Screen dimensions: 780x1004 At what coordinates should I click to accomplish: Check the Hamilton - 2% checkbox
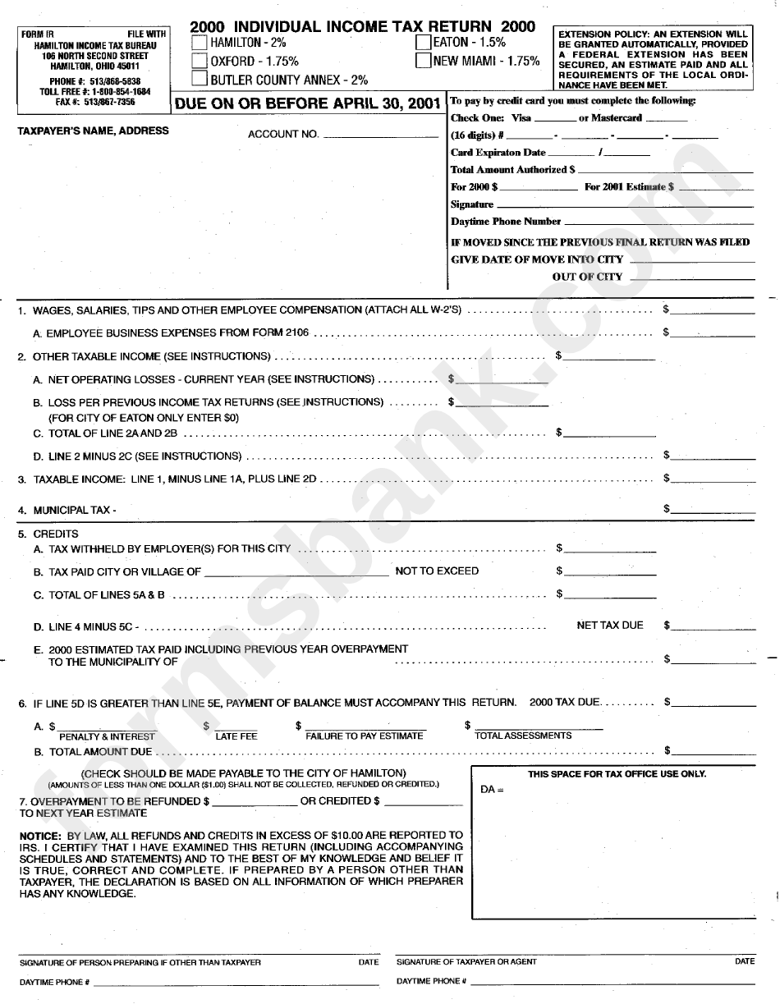tap(199, 42)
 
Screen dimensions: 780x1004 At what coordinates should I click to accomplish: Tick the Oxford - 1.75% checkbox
tap(199, 61)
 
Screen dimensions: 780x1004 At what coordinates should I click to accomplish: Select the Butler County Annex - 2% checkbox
tap(199, 80)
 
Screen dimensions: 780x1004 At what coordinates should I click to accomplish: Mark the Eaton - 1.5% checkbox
tap(423, 42)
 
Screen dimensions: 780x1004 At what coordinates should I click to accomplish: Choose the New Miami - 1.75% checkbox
tap(423, 61)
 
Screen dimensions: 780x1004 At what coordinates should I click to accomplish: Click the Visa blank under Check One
tap(554, 120)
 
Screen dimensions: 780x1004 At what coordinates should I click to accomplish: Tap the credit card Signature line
tap(625, 206)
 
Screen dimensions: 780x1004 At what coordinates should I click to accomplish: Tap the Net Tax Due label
tap(610, 626)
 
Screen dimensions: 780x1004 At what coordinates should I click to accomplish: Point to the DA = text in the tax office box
tap(492, 790)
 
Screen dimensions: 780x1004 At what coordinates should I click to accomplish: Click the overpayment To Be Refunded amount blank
tap(254, 803)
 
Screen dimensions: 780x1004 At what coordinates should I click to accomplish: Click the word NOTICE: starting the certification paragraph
tap(39, 835)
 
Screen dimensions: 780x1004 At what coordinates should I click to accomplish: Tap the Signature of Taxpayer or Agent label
tap(466, 961)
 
